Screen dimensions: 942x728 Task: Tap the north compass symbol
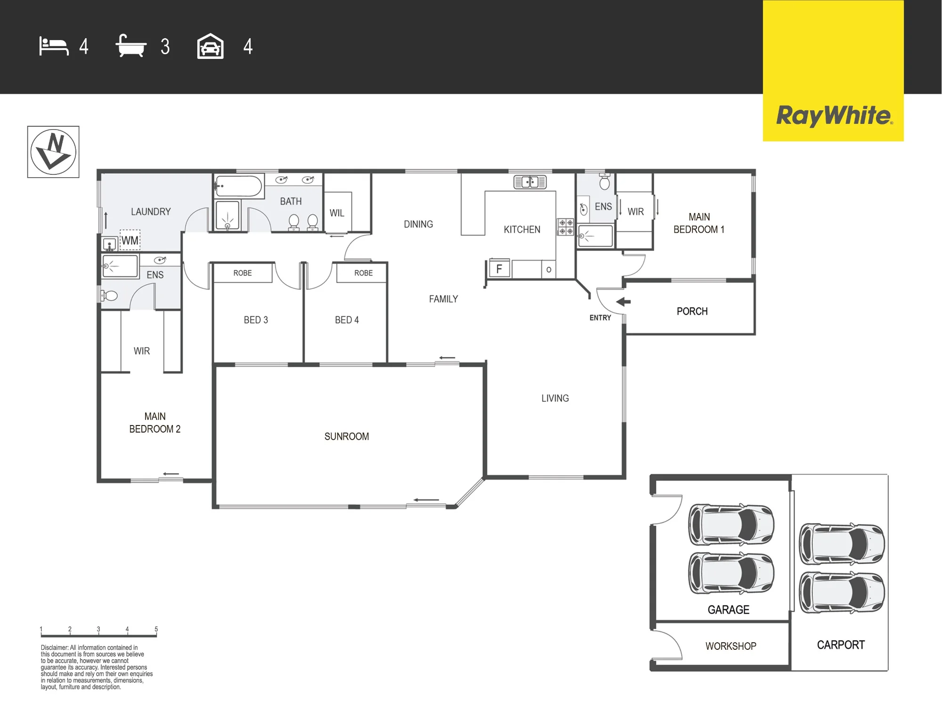tap(53, 152)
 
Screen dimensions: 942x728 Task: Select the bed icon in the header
tap(54, 46)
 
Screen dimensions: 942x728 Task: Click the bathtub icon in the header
tap(131, 46)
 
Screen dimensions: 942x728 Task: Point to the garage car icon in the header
tap(210, 46)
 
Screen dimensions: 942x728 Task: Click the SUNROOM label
tap(347, 436)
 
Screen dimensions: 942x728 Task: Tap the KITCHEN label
tap(522, 229)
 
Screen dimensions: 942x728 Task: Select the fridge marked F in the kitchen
tap(499, 269)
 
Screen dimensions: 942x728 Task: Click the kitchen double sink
tap(530, 181)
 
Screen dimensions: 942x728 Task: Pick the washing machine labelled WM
tap(130, 240)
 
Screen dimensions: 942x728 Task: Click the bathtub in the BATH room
tap(238, 186)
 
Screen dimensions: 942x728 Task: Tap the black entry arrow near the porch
tap(623, 302)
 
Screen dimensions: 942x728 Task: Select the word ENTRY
tap(600, 318)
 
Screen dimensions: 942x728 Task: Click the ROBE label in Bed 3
tap(243, 273)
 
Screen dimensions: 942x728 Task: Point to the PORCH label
tap(692, 311)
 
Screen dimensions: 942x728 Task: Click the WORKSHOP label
tap(731, 646)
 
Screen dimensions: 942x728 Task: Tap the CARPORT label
tap(841, 645)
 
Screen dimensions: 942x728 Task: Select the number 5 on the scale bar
tap(156, 629)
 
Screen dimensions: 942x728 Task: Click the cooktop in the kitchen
tap(566, 227)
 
